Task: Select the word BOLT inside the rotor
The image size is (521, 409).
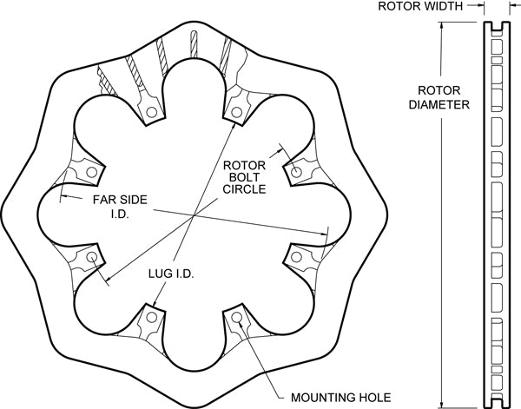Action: click(243, 176)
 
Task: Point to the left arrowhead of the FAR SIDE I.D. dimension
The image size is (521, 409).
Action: click(61, 198)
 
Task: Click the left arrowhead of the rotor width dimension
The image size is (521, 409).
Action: click(481, 7)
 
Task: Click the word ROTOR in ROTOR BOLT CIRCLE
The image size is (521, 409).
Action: click(243, 164)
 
